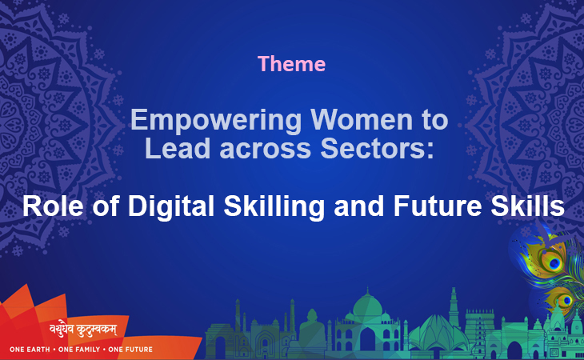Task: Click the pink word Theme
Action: point(292,64)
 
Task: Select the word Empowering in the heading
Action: point(216,121)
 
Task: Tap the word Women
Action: point(362,119)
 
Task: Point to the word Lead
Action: point(178,148)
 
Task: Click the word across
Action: point(266,150)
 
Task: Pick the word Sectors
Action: point(378,148)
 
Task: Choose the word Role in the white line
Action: point(53,206)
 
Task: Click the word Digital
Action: point(171,206)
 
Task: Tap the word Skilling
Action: point(274,206)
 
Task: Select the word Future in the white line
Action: point(438,206)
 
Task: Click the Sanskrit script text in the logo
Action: point(83,330)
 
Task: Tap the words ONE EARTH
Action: point(30,350)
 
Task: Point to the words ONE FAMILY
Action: point(79,350)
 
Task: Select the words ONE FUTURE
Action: point(130,350)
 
